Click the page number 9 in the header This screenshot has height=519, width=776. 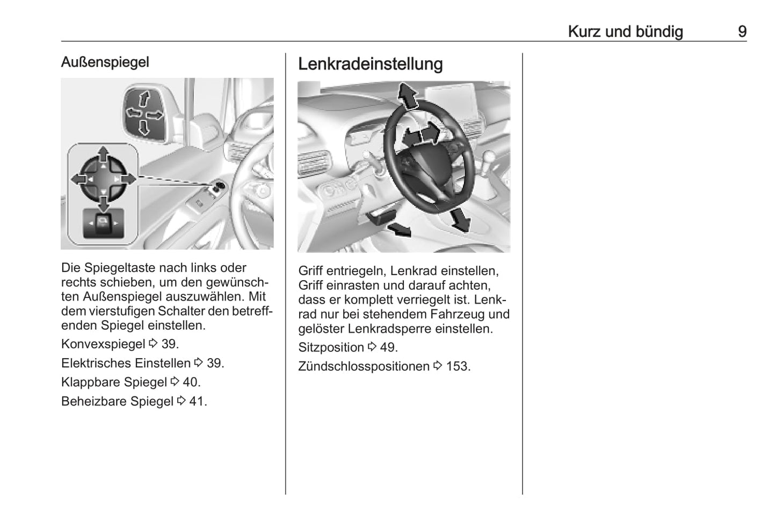742,31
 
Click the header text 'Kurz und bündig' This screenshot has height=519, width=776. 625,31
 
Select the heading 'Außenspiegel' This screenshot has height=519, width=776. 105,62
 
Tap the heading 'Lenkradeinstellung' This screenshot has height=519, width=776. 370,64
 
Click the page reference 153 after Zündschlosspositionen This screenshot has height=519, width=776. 458,366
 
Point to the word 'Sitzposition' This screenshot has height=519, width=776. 331,347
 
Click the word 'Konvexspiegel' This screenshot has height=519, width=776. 103,344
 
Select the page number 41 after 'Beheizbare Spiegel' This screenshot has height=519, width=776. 197,401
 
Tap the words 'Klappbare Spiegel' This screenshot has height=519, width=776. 114,382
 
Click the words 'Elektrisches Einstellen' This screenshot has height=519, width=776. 126,363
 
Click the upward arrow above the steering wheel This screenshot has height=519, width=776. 408,97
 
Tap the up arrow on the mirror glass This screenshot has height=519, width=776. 144,99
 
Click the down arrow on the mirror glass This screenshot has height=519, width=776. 144,127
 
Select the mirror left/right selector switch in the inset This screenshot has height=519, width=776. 103,222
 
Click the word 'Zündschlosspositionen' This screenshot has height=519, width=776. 364,366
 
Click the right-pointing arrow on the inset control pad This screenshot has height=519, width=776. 128,179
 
